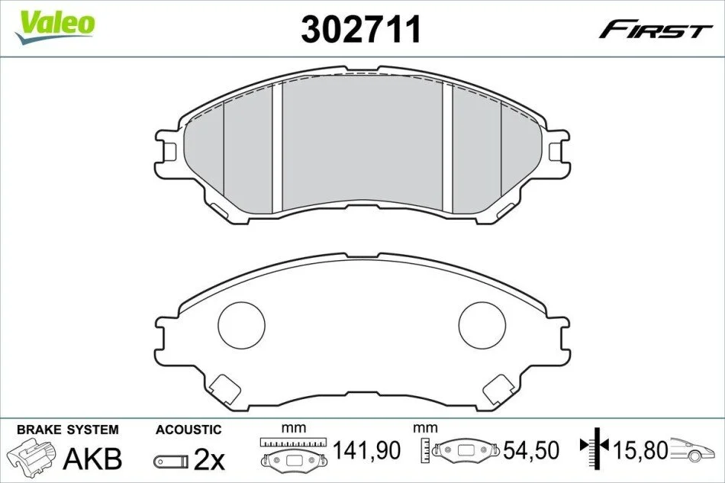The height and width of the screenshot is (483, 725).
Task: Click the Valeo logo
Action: pyautogui.click(x=54, y=27)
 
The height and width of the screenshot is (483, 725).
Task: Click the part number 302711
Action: pyautogui.click(x=361, y=29)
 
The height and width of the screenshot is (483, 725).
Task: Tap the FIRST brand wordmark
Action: pyautogui.click(x=655, y=31)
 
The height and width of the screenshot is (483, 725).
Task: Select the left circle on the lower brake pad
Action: pyautogui.click(x=241, y=325)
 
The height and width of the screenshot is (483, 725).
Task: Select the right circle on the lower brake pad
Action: pyautogui.click(x=482, y=325)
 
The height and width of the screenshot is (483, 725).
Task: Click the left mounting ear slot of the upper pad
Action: pyautogui.click(x=170, y=151)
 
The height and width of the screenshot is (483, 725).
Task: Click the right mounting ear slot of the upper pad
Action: pyautogui.click(x=555, y=151)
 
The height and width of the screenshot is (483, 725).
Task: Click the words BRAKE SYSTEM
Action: pyautogui.click(x=68, y=430)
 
